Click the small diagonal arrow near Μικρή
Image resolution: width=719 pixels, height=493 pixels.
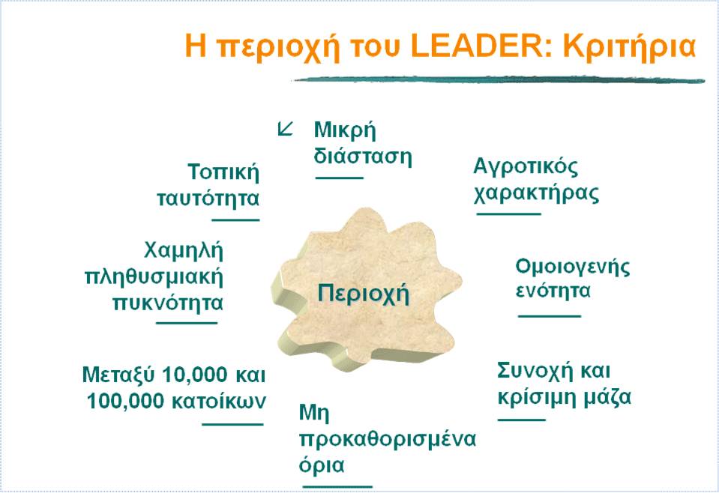[x=285, y=130]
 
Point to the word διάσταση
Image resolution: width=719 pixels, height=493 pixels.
[x=363, y=157]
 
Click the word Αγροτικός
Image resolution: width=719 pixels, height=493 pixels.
[x=526, y=167]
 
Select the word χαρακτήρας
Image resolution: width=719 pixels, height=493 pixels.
[x=536, y=193]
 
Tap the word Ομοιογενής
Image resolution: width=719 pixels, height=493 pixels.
[x=573, y=267]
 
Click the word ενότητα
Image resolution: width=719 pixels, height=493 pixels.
[x=553, y=291]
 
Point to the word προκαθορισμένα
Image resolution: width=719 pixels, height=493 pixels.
[x=387, y=438]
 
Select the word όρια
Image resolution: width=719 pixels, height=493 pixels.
[x=322, y=464]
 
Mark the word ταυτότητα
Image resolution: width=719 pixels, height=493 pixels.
[x=208, y=199]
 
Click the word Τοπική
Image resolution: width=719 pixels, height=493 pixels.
[x=223, y=172]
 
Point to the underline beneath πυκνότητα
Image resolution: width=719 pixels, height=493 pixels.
[x=187, y=323]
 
